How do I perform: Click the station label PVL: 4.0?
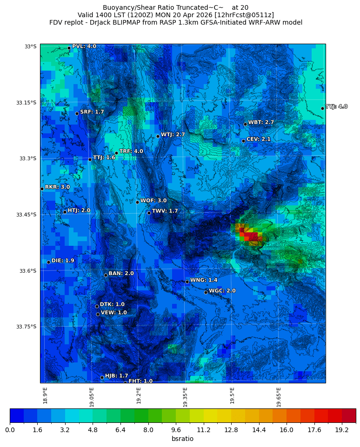click(84, 46)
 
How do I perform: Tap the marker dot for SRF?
click(77, 113)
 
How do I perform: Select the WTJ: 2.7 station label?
click(173, 135)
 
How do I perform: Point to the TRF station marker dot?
click(116, 153)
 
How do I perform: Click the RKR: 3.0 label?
click(57, 187)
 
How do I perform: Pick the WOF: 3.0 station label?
click(153, 201)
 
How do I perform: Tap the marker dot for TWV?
click(149, 213)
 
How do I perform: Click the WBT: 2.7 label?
click(261, 123)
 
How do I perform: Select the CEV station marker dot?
click(243, 141)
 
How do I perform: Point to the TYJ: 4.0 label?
click(336, 107)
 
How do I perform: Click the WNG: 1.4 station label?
click(204, 280)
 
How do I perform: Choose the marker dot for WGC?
click(206, 292)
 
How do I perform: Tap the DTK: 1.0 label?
click(112, 305)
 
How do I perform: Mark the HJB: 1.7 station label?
click(116, 376)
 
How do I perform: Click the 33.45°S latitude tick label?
click(26, 215)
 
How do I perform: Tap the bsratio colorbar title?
click(182, 439)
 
